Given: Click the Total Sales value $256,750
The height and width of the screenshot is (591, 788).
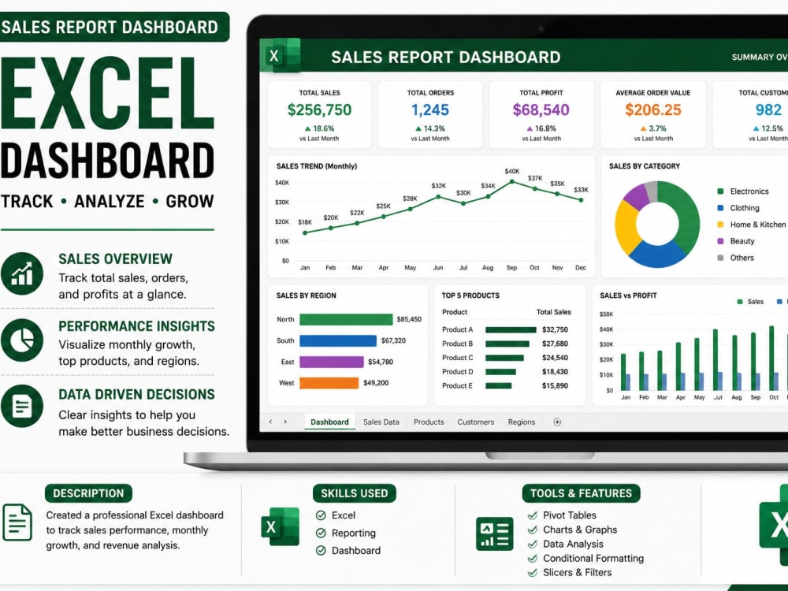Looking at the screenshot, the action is click(x=319, y=110).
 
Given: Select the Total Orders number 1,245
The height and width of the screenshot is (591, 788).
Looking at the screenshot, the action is click(x=430, y=110).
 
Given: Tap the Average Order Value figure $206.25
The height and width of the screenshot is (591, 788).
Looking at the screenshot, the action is click(x=653, y=110).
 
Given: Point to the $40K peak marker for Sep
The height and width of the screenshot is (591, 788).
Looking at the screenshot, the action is click(x=512, y=181).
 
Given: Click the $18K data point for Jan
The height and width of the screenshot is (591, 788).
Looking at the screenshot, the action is click(x=305, y=232).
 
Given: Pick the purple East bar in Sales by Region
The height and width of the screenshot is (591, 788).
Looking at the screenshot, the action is click(x=332, y=362).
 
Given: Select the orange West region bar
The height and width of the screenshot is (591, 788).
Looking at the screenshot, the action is click(x=329, y=383).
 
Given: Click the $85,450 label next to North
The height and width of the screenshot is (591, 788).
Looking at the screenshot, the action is click(x=409, y=319).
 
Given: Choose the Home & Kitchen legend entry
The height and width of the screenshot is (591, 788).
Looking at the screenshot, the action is click(x=752, y=225).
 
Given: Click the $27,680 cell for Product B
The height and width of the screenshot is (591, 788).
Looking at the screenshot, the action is click(x=555, y=344).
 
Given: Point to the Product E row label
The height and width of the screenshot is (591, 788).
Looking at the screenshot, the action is click(x=457, y=386).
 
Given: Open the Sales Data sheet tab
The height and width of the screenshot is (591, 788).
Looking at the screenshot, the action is click(x=381, y=422).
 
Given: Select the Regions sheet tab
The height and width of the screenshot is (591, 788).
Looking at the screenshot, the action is click(x=522, y=422).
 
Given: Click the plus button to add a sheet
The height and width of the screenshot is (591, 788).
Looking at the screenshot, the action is click(x=557, y=422).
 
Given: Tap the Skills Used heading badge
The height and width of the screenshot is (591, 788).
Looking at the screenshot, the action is click(x=355, y=493).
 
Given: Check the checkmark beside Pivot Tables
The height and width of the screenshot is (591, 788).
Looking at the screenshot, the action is click(x=533, y=515).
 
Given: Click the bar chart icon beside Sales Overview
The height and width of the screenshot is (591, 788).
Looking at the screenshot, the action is click(x=22, y=273).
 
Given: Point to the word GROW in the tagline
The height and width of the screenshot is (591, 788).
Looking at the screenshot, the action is click(x=190, y=201).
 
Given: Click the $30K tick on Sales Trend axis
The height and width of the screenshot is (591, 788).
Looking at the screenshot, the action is click(x=282, y=202).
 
